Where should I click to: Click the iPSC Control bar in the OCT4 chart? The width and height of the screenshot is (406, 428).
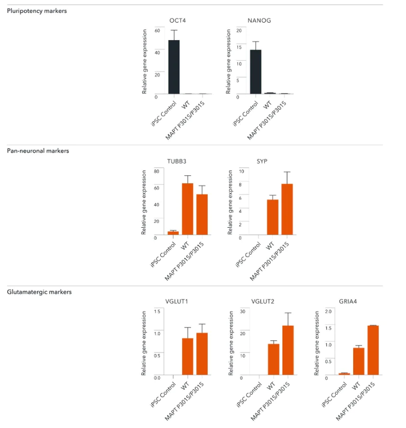point(174,67)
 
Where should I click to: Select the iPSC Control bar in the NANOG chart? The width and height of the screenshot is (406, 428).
point(255,72)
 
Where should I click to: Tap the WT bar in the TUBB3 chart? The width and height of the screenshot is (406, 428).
point(188,209)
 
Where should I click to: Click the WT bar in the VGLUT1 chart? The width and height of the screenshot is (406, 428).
point(188,357)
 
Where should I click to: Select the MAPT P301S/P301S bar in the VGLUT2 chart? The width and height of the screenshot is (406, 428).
point(288,350)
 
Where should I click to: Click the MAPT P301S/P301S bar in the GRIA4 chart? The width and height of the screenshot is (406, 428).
point(373,350)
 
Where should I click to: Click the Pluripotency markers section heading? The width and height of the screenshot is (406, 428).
point(37,11)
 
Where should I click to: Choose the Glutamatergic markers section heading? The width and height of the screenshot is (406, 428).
point(39,292)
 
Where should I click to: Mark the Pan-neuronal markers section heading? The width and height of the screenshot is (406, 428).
point(38,151)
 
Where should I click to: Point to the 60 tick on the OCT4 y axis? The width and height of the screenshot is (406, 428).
point(157,31)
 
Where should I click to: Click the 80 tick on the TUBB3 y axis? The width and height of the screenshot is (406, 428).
point(156,171)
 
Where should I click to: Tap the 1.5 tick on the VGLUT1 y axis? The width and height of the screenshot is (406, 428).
point(156,312)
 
